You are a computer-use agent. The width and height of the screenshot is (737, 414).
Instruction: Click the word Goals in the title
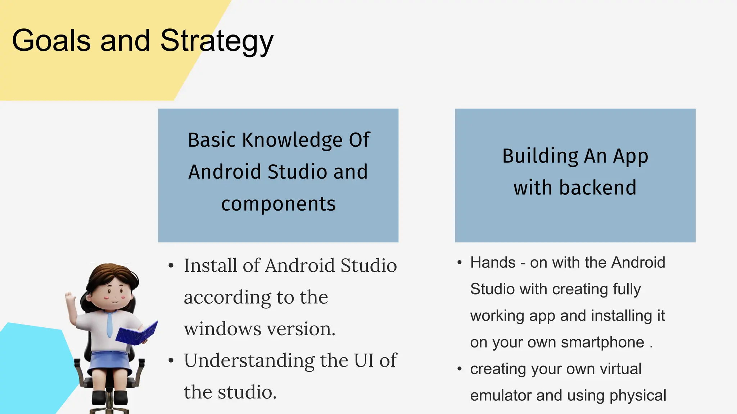(51, 40)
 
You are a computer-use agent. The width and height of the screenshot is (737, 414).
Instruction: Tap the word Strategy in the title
(217, 41)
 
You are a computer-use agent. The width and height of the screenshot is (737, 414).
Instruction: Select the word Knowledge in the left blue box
(292, 140)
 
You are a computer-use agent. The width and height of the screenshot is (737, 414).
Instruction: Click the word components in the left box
(278, 204)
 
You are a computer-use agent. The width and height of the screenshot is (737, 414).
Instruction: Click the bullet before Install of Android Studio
(171, 266)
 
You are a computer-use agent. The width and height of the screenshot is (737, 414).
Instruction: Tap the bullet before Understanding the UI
(171, 360)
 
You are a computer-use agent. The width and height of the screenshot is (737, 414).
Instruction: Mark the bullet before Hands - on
(460, 263)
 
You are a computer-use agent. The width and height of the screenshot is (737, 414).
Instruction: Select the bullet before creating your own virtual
(460, 369)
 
